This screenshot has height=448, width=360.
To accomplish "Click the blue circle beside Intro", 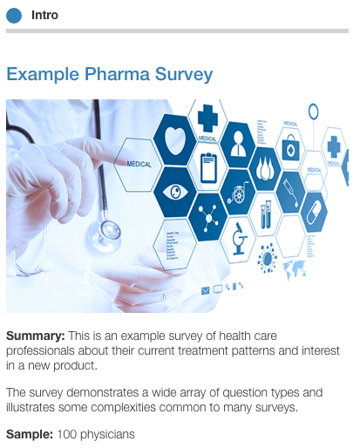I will pos(14,14).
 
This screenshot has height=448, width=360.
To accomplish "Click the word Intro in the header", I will pos(44,15).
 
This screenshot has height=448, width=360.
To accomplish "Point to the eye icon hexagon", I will pos(174,191).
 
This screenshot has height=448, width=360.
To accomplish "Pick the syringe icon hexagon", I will pos(290,187).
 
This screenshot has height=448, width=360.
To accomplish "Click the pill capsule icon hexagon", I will pos(315,212).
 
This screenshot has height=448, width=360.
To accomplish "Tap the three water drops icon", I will pos(265,166).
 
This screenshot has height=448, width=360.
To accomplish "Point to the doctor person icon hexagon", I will pos(236,143).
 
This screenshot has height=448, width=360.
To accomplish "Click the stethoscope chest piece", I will pos(110,230).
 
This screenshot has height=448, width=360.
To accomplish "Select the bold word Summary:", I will pos(34,336).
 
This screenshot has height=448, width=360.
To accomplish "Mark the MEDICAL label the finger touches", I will pos(139,163).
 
